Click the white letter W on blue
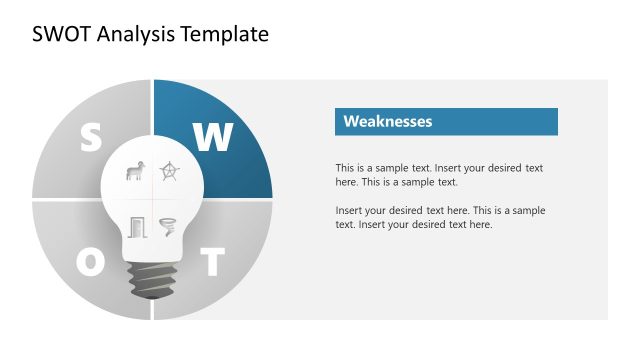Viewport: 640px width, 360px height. tap(212, 137)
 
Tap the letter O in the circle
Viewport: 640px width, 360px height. tap(91, 262)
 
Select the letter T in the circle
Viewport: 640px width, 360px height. tap(211, 263)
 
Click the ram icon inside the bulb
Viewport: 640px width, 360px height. tap(134, 172)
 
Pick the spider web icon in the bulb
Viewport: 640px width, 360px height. tap(170, 172)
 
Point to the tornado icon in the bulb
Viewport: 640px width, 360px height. tap(168, 227)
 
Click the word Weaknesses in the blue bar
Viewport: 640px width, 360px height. tap(388, 122)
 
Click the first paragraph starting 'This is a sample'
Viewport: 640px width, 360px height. tap(439, 175)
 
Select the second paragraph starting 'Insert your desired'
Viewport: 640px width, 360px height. tap(440, 217)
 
